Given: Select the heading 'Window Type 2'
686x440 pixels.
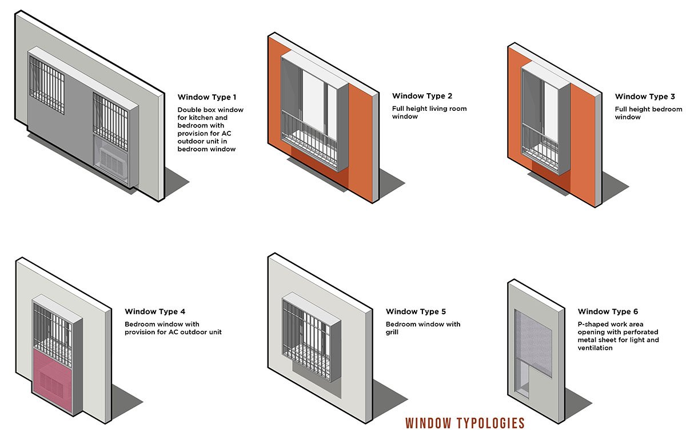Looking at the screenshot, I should [x=422, y=96].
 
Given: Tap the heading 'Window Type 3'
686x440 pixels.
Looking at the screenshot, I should [x=645, y=97].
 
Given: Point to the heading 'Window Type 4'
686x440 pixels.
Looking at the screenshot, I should [x=155, y=312].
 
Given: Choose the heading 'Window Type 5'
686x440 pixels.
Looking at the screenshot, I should [x=416, y=312].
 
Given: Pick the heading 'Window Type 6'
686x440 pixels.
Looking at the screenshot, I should [x=608, y=312].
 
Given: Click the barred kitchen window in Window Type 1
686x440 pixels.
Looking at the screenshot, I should [x=47, y=83].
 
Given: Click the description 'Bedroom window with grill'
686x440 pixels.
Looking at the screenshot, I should [x=422, y=328].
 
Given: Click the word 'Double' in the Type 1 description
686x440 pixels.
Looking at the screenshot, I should [x=189, y=109].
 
